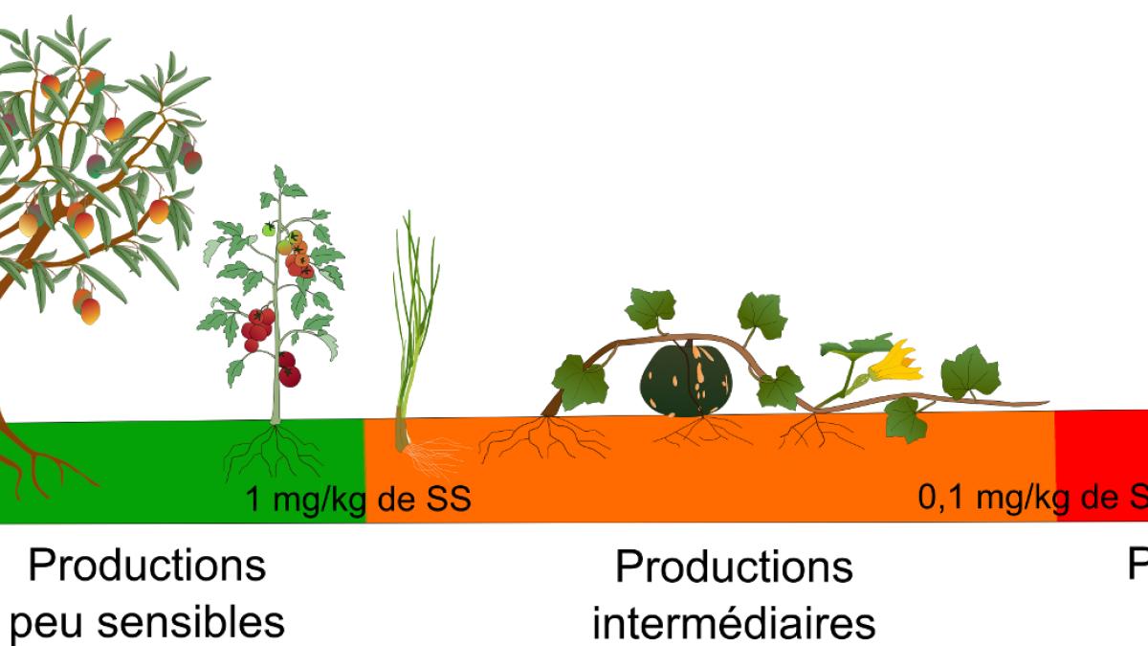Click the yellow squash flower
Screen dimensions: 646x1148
click(x=897, y=361)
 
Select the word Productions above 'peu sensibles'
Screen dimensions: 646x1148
click(x=147, y=565)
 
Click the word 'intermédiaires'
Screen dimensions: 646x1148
click(x=734, y=623)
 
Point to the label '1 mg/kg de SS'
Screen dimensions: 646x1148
click(x=358, y=500)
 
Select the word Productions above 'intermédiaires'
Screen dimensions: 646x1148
click(x=734, y=567)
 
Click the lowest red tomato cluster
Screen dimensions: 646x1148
click(x=288, y=369)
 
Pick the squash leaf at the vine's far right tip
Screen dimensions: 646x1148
click(x=970, y=372)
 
